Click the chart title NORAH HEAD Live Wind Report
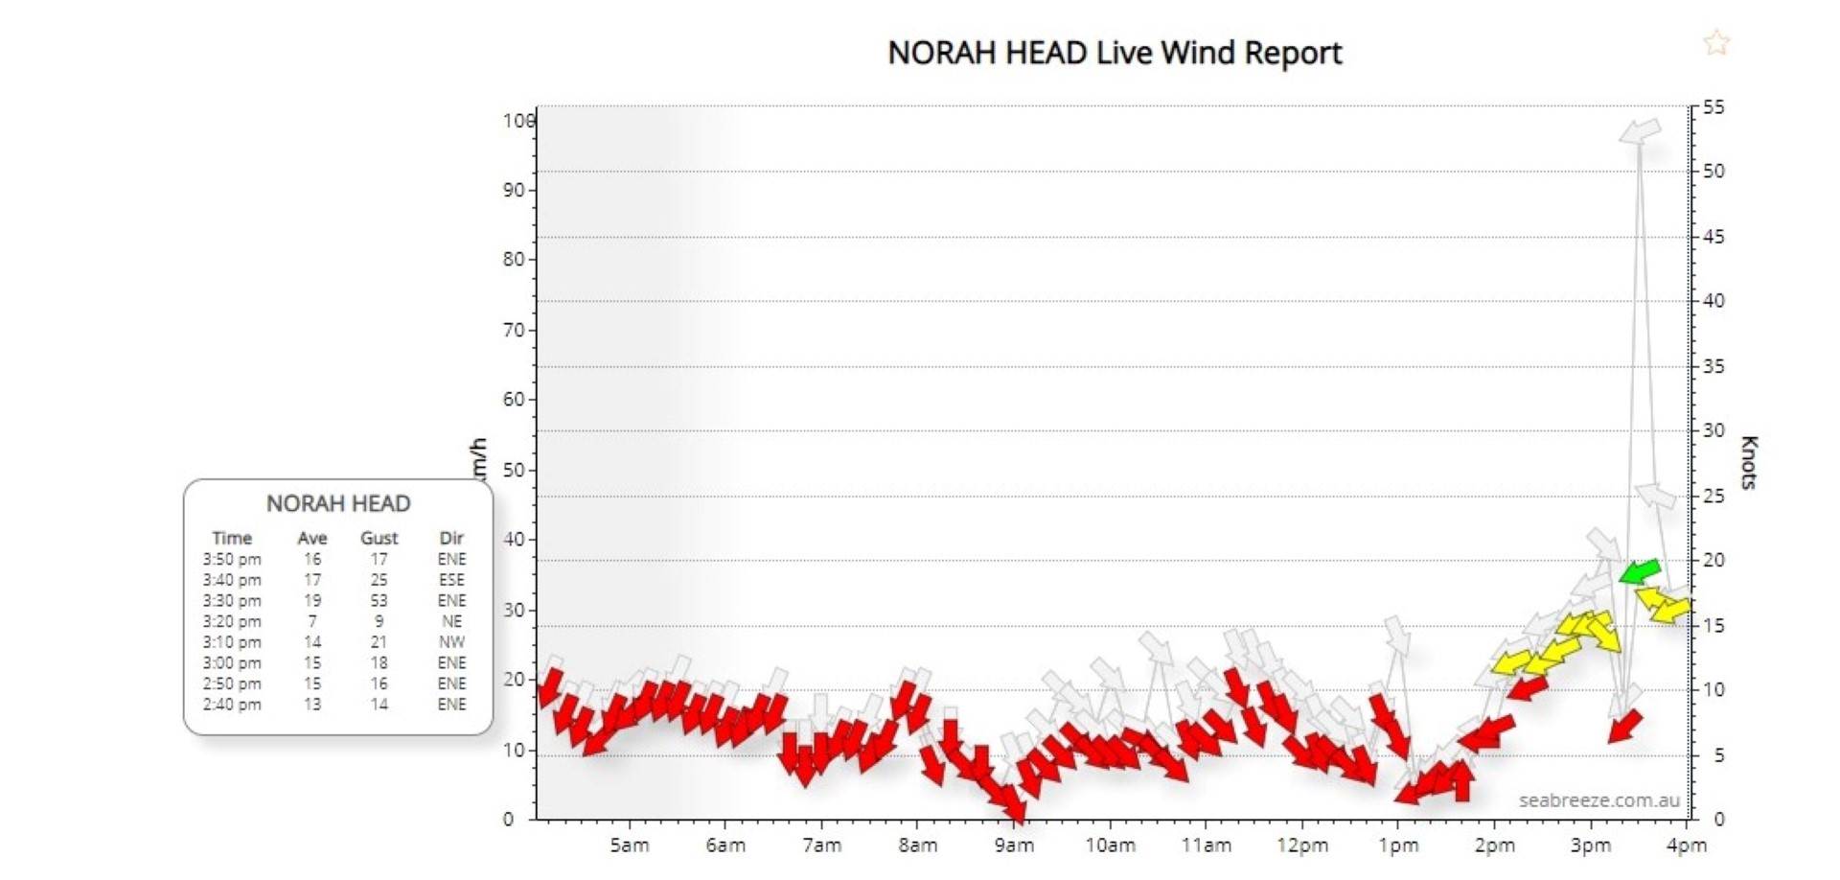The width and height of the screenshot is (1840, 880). (x=1114, y=53)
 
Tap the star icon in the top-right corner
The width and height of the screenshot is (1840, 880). (x=1715, y=42)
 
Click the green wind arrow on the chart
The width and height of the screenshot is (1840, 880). (x=1639, y=572)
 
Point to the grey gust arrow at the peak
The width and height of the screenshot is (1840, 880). (x=1640, y=131)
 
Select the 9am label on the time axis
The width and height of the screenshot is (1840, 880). (x=1013, y=845)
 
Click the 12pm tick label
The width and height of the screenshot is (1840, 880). (x=1301, y=845)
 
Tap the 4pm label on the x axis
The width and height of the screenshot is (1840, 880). (x=1686, y=845)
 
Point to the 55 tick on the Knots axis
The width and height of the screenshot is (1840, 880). (x=1713, y=107)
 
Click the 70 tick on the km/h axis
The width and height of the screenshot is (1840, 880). (x=515, y=330)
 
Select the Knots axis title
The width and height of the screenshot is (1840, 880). (x=1749, y=462)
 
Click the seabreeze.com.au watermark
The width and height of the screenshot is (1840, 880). (x=1598, y=800)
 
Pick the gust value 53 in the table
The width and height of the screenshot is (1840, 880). (x=379, y=601)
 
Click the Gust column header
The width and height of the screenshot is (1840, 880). (x=379, y=538)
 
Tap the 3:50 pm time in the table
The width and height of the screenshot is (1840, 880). (x=232, y=559)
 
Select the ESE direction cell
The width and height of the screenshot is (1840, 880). (x=451, y=580)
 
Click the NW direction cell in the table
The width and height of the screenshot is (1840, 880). (x=451, y=642)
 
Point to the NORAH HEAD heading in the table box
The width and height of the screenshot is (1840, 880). (x=338, y=503)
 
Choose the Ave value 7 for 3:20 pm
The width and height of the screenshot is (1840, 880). (x=312, y=621)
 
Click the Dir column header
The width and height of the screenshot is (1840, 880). (x=451, y=538)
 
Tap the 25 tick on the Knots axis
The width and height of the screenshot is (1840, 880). (x=1713, y=496)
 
